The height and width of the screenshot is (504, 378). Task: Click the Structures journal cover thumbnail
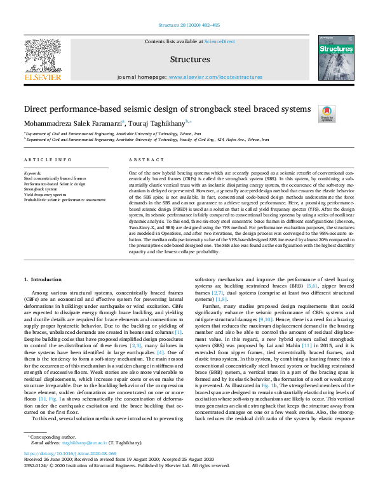click(x=335, y=57)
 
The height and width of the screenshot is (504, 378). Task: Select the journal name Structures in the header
click(x=190, y=60)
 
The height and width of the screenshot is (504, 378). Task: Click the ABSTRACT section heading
click(x=142, y=161)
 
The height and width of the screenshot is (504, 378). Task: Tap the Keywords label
click(x=32, y=173)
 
